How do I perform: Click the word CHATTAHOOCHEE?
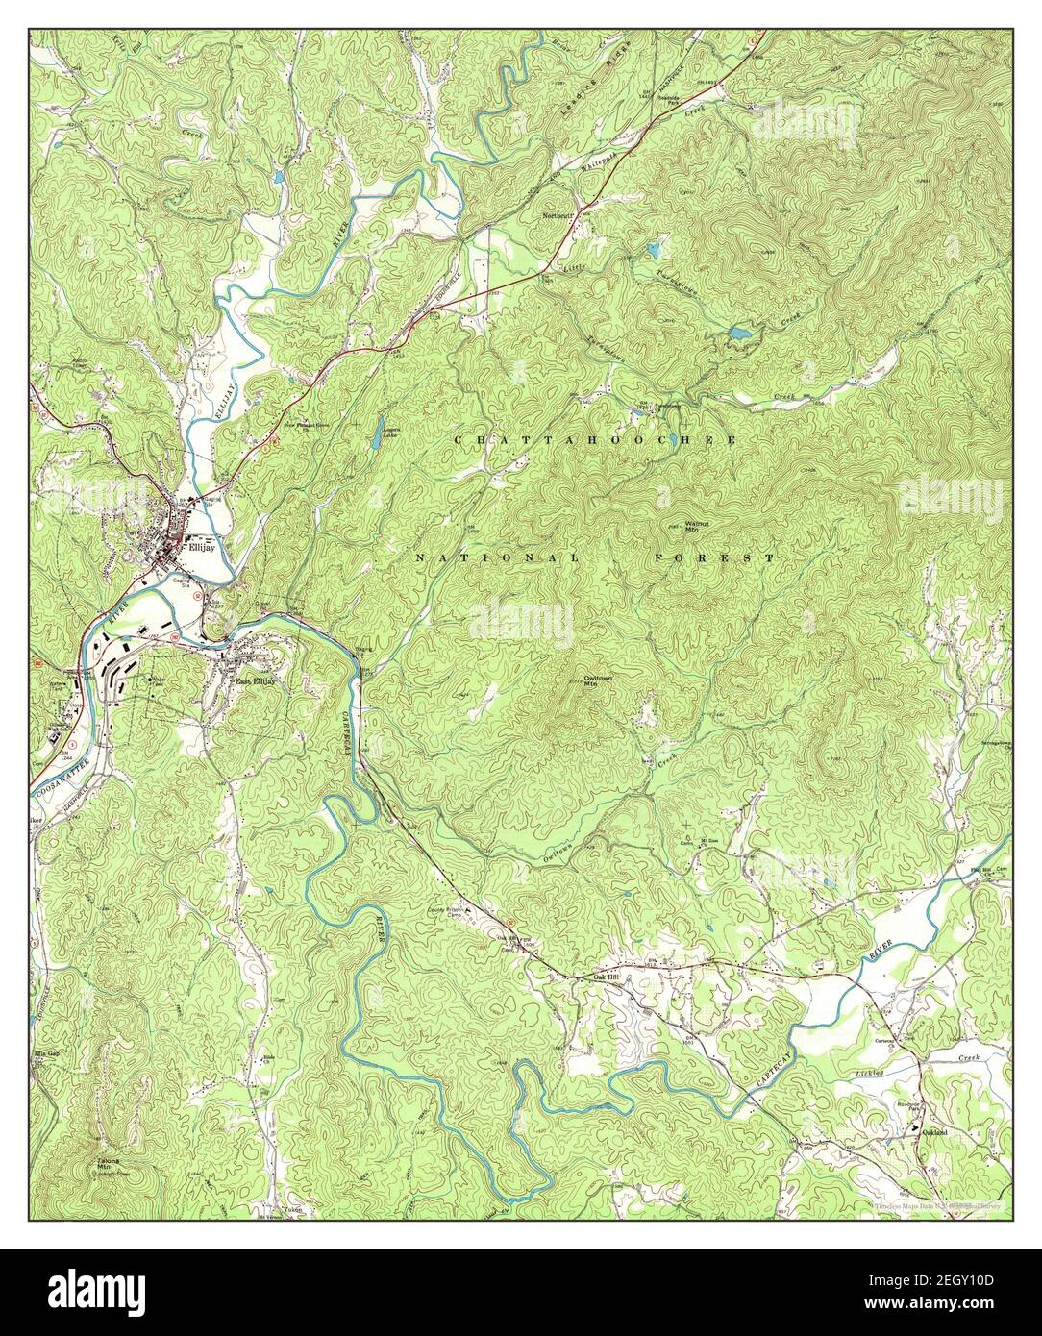pyautogui.click(x=595, y=439)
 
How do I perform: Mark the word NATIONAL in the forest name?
pyautogui.click(x=497, y=557)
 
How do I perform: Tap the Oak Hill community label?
pyautogui.click(x=599, y=978)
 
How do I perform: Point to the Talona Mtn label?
pyautogui.click(x=108, y=1164)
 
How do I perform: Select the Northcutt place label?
pyautogui.click(x=558, y=216)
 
